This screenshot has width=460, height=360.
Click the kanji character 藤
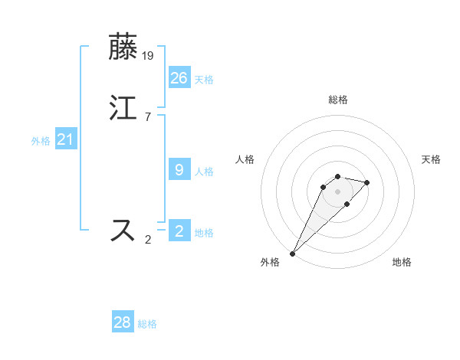[123, 47]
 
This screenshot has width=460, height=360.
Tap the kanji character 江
[123, 108]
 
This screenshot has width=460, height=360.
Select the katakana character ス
[123, 230]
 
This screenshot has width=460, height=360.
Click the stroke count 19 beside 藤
[149, 55]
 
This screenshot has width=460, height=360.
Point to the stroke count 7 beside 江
[147, 116]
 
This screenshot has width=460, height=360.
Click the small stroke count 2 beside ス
[148, 240]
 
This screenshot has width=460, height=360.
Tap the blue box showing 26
[179, 77]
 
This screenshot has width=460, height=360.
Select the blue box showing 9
[179, 169]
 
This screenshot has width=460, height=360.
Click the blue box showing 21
[65, 139]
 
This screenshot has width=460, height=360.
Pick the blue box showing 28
[123, 322]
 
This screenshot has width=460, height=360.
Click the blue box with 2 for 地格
[179, 231]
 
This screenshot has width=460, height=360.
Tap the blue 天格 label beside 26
[204, 79]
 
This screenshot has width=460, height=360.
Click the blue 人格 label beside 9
[204, 171]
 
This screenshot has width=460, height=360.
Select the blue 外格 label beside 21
[41, 141]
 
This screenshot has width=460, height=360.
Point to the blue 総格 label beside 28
[147, 324]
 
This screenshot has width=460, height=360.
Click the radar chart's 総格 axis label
[337, 100]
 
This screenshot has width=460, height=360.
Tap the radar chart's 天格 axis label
[431, 159]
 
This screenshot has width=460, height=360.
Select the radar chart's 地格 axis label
[402, 262]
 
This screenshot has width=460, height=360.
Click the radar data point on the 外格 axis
[293, 253]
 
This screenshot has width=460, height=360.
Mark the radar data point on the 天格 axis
[367, 182]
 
